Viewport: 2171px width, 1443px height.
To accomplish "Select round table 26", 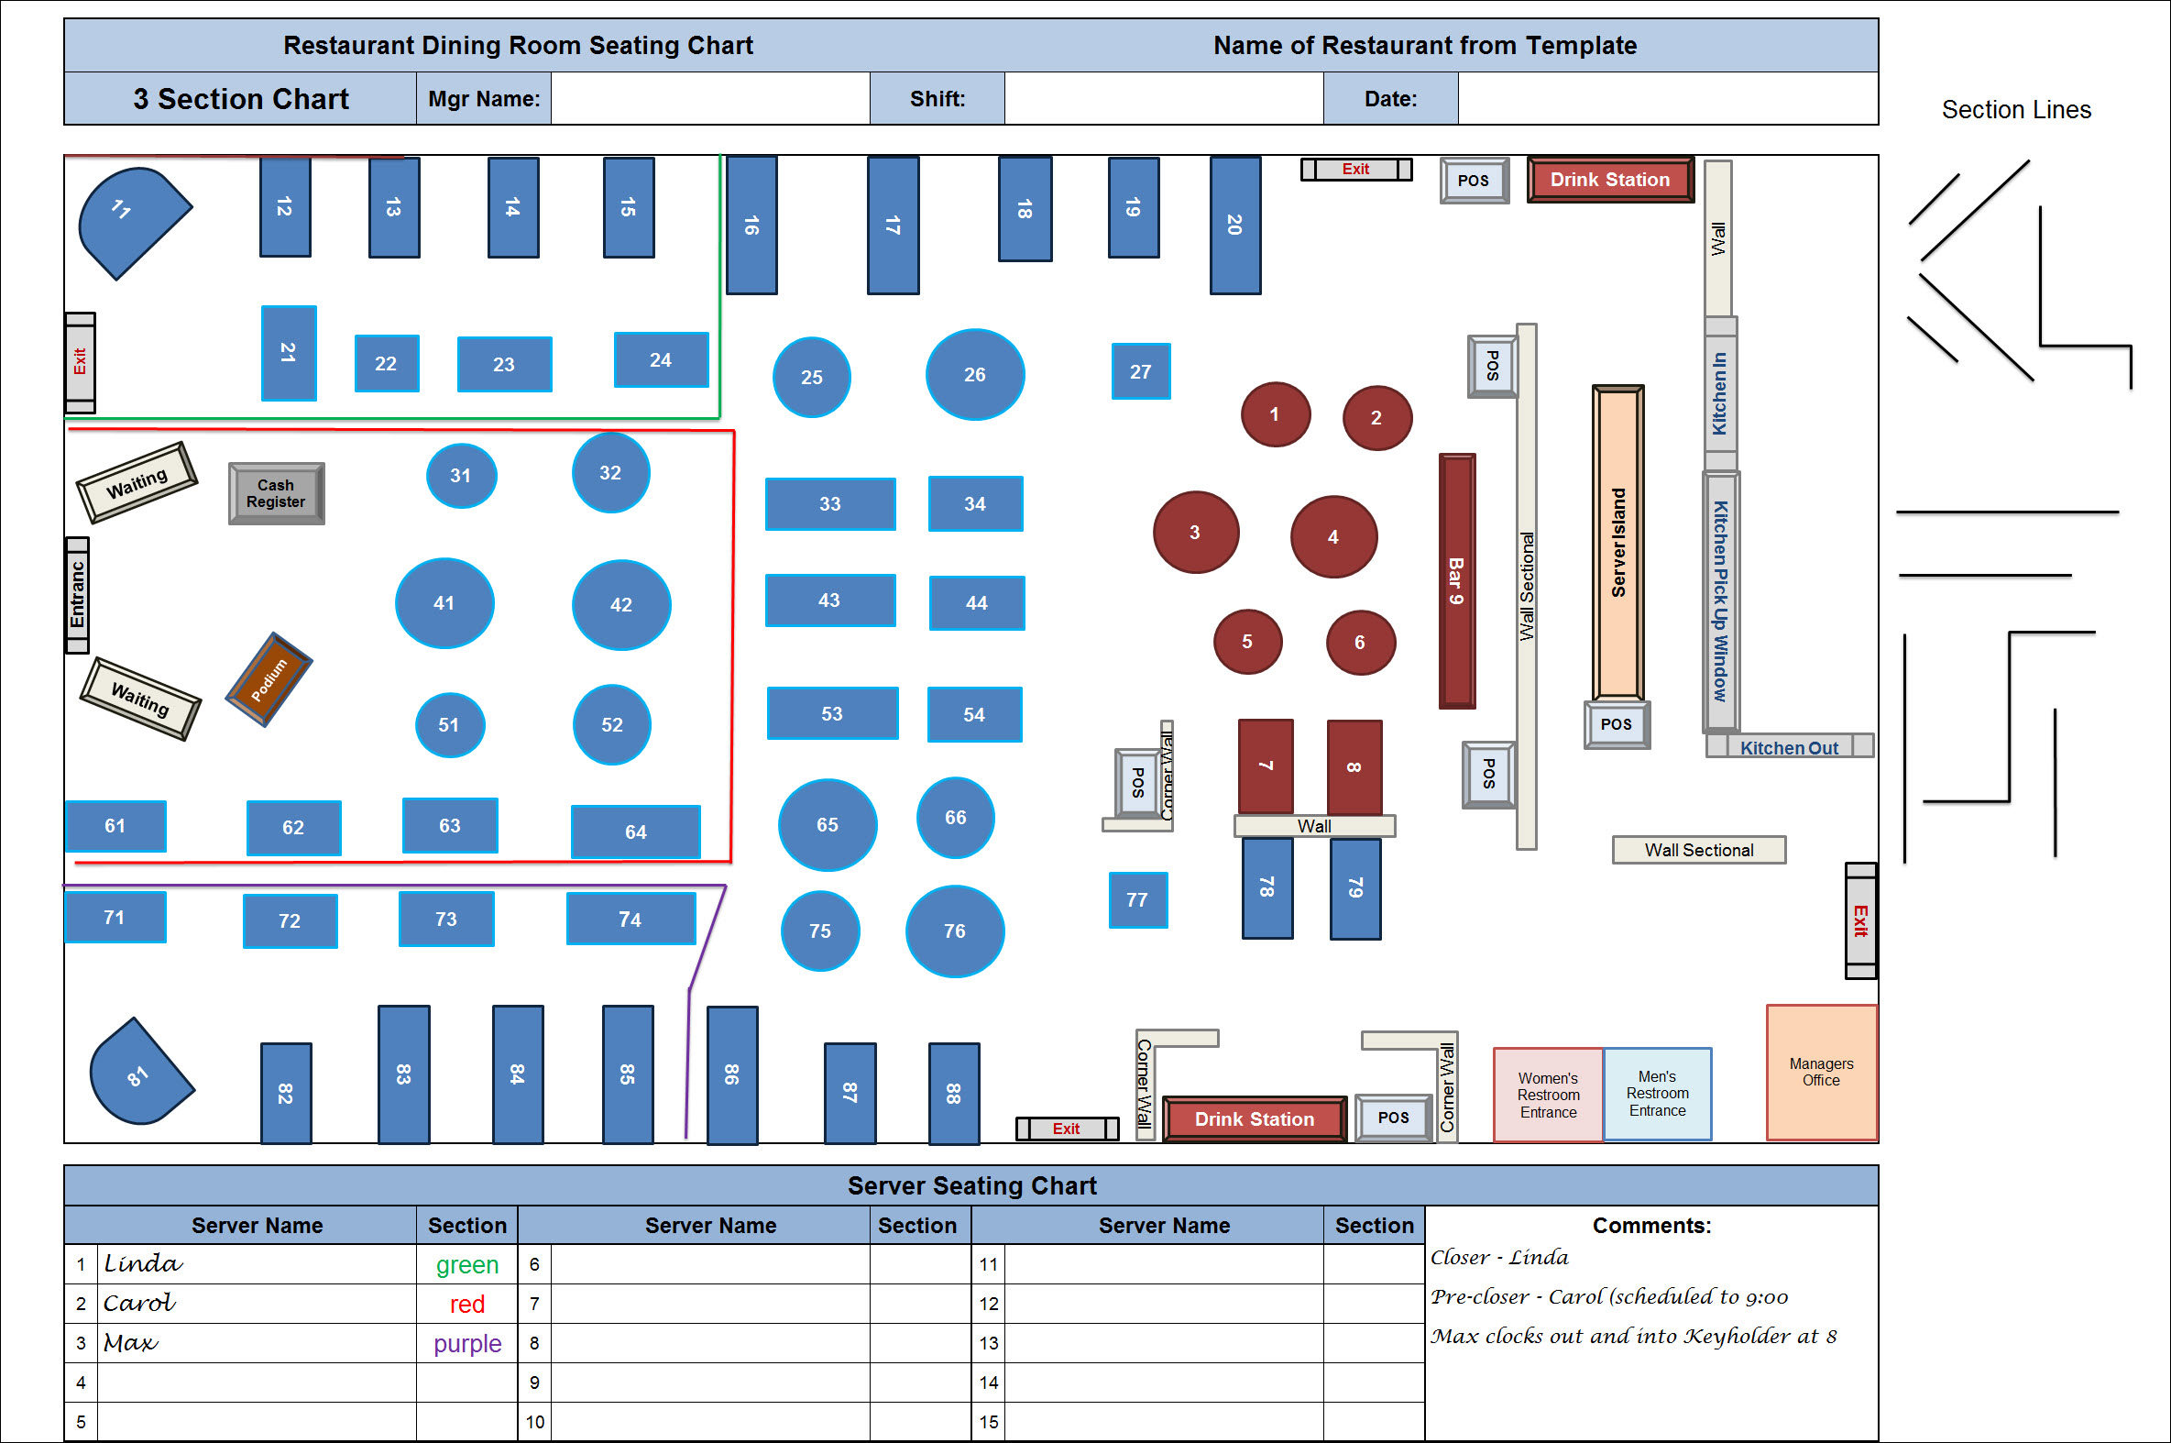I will (974, 375).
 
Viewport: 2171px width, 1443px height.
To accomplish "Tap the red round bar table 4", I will (1333, 536).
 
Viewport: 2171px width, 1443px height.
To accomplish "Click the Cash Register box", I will (276, 493).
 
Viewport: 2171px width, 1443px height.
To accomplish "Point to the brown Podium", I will (269, 679).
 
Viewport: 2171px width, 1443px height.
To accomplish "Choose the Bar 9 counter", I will (1456, 580).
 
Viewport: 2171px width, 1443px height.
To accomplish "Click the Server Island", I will (1617, 543).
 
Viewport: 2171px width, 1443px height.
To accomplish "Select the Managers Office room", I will (1821, 1072).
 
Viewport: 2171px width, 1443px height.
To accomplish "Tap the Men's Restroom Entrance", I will (1657, 1094).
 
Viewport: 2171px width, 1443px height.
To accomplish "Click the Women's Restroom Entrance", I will (1548, 1095).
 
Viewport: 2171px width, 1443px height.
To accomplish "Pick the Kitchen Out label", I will (1788, 747).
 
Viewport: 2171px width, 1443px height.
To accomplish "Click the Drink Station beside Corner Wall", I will (1254, 1119).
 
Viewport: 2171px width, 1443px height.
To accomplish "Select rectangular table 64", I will (636, 832).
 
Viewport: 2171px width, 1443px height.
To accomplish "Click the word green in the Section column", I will (467, 1264).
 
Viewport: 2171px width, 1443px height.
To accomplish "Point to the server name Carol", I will (139, 1303).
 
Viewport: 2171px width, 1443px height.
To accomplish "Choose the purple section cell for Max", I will (467, 1344).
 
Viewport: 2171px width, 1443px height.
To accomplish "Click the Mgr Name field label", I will (484, 98).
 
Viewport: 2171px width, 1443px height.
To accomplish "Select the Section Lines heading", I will (2015, 109).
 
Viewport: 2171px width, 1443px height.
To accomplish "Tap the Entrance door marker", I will (77, 595).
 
